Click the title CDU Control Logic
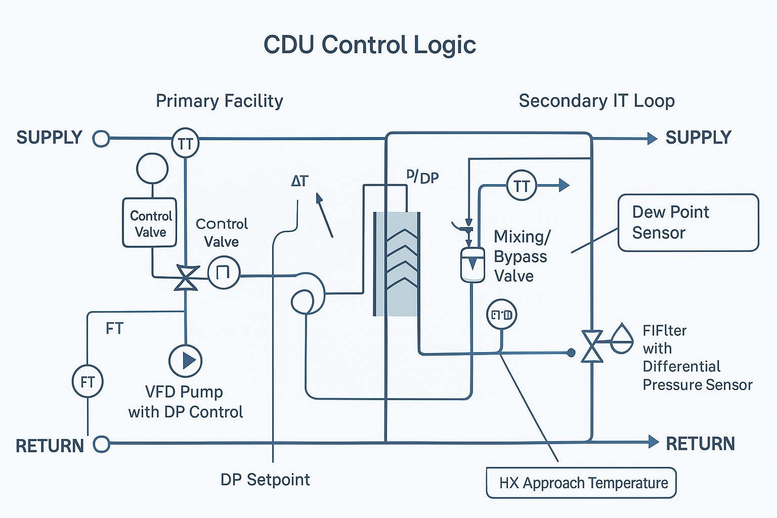pyautogui.click(x=370, y=45)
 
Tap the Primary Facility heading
pyautogui.click(x=219, y=101)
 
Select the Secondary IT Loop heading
pyautogui.click(x=596, y=101)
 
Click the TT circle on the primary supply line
pyautogui.click(x=185, y=144)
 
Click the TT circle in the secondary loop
pyautogui.click(x=522, y=186)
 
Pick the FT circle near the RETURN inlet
pyautogui.click(x=88, y=381)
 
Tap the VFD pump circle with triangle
pyautogui.click(x=185, y=361)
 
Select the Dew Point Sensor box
pyautogui.click(x=688, y=223)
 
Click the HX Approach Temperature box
pyautogui.click(x=581, y=483)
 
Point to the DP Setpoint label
pyautogui.click(x=265, y=480)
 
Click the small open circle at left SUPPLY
pyautogui.click(x=101, y=138)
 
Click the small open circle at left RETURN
pyautogui.click(x=102, y=444)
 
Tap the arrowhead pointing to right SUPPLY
pyautogui.click(x=652, y=138)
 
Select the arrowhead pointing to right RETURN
pyautogui.click(x=653, y=442)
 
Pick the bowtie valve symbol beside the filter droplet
pyautogui.click(x=592, y=347)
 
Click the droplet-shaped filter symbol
pyautogui.click(x=622, y=339)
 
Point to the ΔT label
pyautogui.click(x=299, y=181)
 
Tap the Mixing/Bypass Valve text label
pyautogui.click(x=521, y=256)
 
